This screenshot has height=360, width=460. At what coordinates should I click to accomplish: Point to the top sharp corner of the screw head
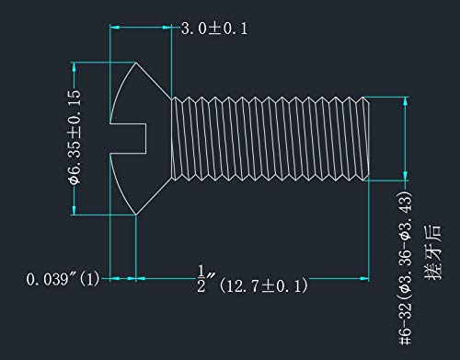click(x=136, y=63)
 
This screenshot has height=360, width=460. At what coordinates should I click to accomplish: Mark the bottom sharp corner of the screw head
click(x=136, y=215)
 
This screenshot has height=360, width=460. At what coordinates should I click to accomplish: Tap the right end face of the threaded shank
click(x=370, y=138)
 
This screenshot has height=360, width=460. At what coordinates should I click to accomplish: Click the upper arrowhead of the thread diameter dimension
click(x=402, y=101)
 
